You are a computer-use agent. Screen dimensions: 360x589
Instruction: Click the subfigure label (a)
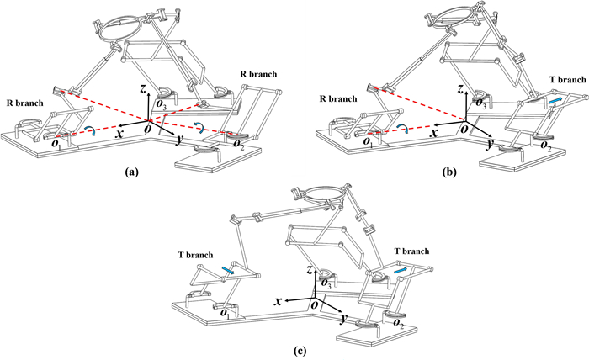click(x=130, y=171)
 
